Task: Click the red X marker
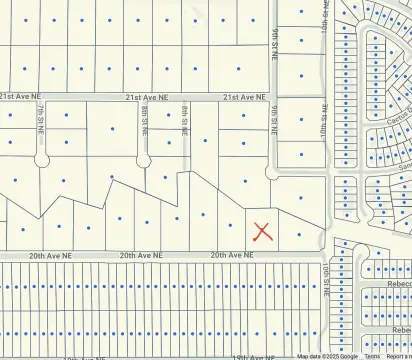tap(262, 231)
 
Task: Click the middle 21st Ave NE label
tap(146, 97)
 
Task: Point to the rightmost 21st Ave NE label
tap(244, 97)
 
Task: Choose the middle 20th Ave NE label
tap(141, 255)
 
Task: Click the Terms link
tap(371, 356)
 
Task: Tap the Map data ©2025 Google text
tap(327, 356)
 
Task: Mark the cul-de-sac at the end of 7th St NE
tap(41, 160)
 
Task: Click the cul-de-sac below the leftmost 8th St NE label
tap(143, 160)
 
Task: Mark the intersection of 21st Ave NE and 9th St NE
tap(273, 97)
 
